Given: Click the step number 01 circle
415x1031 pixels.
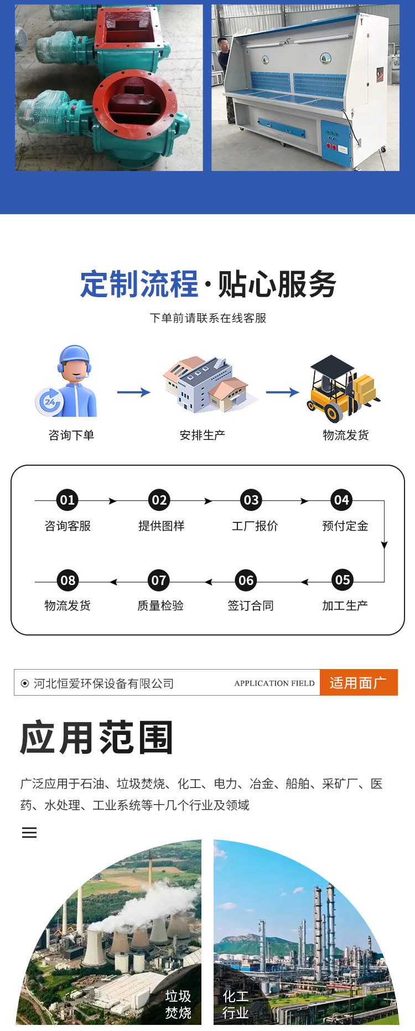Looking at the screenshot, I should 67,500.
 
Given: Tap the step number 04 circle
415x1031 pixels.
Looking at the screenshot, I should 341,500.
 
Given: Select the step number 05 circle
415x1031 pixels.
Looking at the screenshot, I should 343,580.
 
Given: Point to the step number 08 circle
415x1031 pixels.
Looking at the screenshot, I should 68,581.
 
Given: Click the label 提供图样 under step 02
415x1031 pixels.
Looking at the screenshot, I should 161,526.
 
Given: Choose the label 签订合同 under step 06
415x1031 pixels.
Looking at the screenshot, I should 251,605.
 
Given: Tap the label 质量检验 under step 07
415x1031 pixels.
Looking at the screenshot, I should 160,605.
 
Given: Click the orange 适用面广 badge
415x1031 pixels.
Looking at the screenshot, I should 358,683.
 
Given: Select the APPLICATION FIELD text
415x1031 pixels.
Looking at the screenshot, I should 274,683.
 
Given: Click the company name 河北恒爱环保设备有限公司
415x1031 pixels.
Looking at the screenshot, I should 103,683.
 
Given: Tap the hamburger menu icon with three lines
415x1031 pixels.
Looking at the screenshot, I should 29,833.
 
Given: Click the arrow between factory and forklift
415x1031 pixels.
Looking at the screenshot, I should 282,393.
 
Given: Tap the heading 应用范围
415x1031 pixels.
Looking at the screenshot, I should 97,738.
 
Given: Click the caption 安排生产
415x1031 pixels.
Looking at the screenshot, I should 202,435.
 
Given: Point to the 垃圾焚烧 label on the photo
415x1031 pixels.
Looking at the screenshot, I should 178,1004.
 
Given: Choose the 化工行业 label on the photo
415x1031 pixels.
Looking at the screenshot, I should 235,1004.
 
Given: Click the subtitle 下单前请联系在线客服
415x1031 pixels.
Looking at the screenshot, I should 208,318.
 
